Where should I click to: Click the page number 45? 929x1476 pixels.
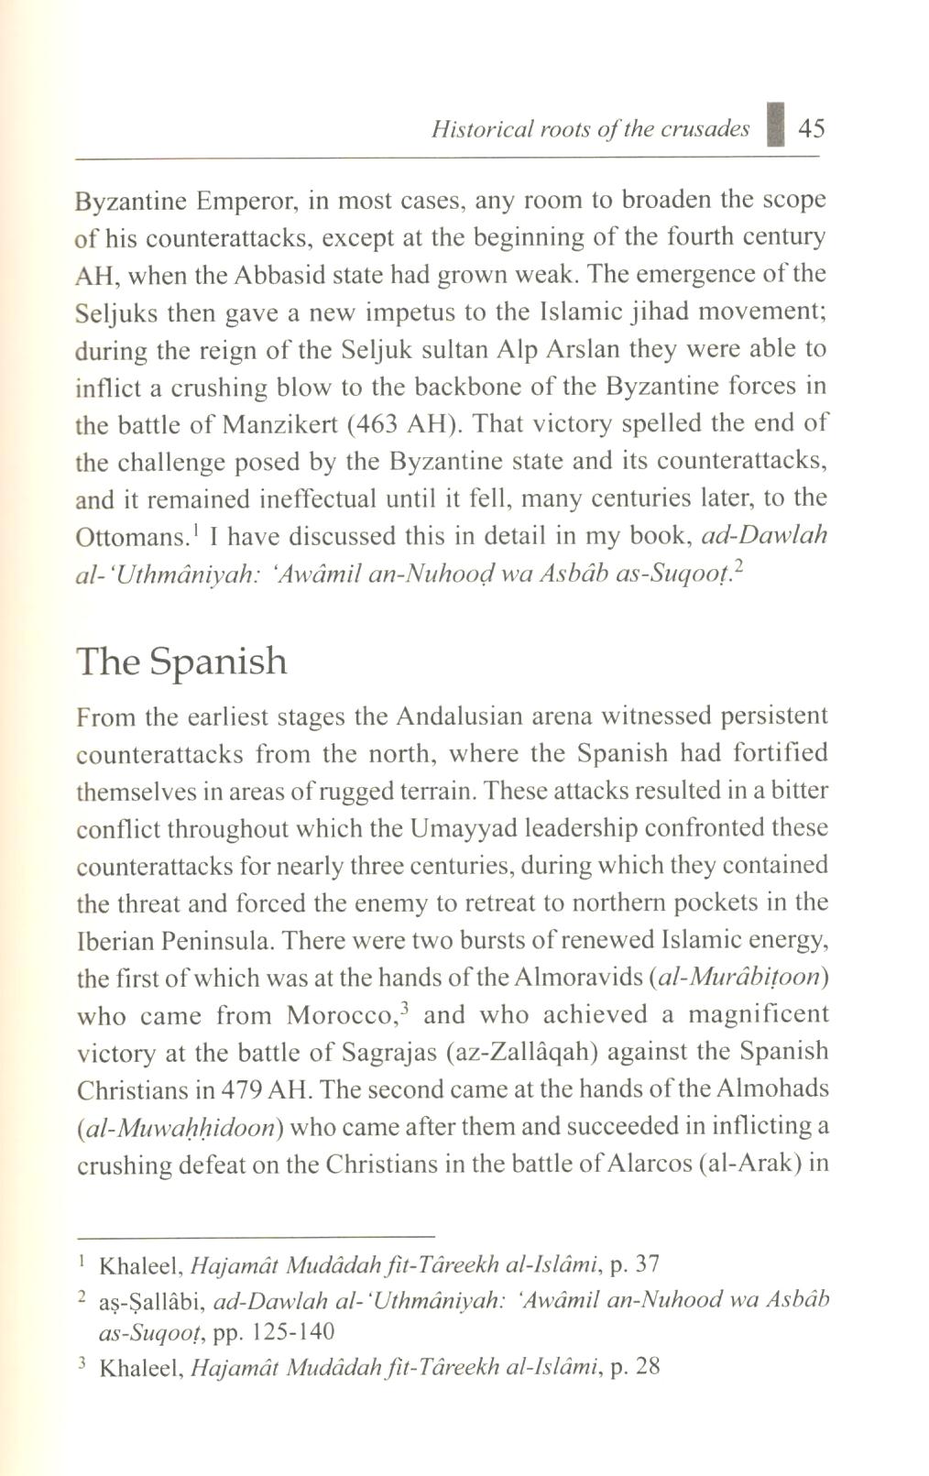812,128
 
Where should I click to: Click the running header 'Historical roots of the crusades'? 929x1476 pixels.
590,129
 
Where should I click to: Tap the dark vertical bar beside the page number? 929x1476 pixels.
777,126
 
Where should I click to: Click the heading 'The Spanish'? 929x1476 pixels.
181,661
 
